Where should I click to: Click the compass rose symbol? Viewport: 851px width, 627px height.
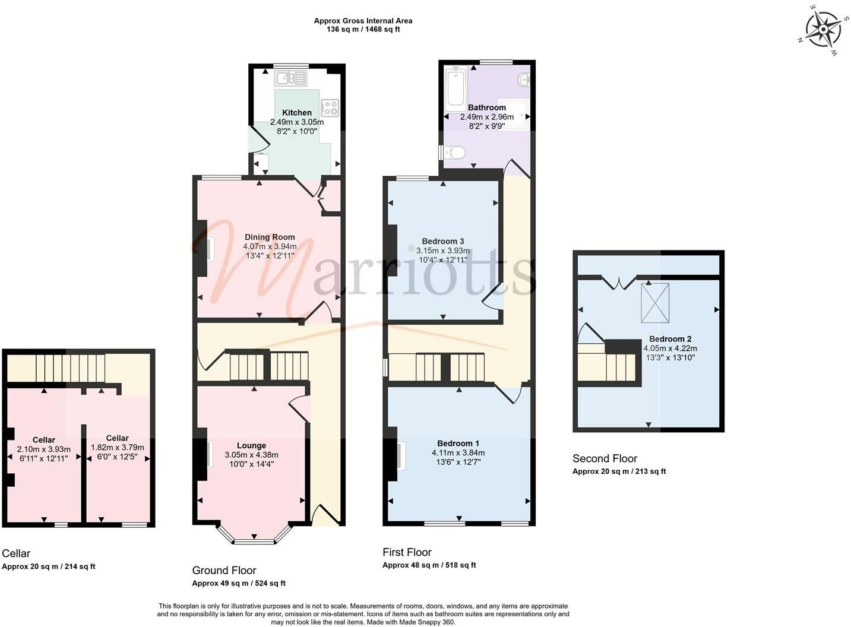823,30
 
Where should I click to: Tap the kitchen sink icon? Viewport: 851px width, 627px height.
290,78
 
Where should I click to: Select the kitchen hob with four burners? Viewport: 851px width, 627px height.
330,107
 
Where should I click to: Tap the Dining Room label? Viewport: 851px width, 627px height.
270,237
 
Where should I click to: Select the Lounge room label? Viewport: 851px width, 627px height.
251,445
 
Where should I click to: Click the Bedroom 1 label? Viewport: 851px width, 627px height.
458,443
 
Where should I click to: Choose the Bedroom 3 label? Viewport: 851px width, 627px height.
442,241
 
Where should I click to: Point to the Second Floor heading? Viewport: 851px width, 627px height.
605,458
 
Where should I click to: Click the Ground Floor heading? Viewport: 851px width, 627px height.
224,570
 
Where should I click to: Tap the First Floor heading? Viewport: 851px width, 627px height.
407,552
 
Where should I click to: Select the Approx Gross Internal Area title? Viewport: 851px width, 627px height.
363,21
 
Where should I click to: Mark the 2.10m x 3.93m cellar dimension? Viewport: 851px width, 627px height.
43,449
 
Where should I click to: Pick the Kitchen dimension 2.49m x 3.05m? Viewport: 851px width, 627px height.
297,122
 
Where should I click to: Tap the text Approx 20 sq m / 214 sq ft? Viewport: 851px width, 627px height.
49,566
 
